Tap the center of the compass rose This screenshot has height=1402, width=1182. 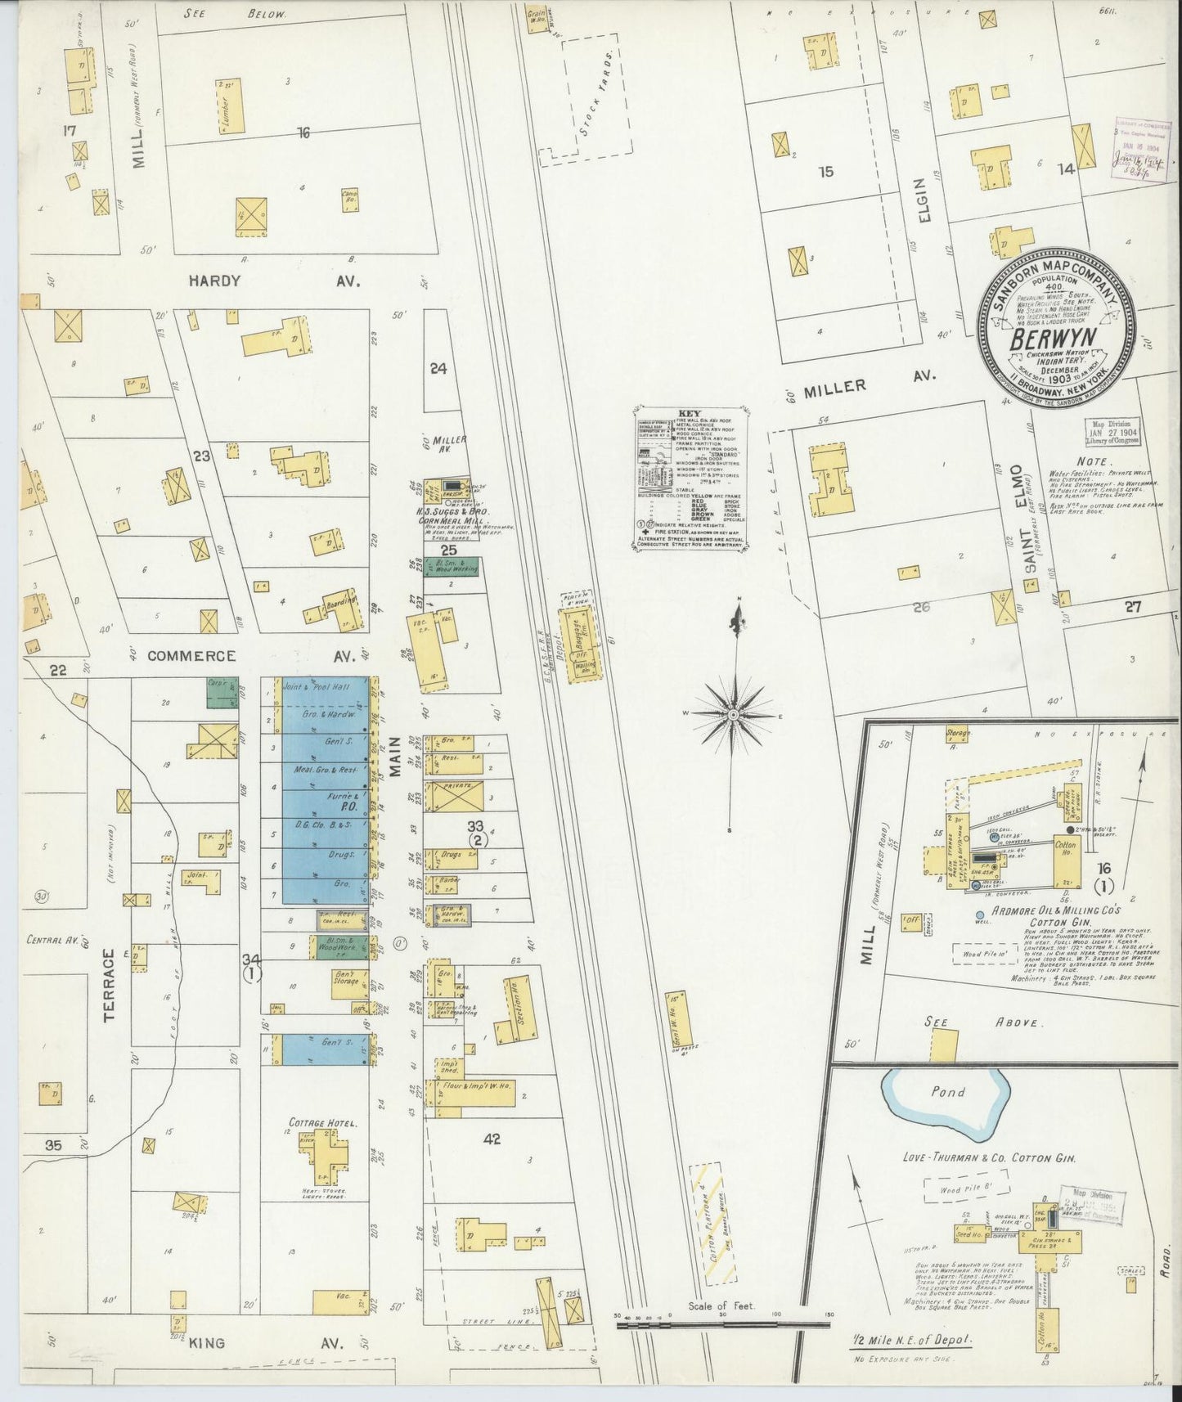pos(733,714)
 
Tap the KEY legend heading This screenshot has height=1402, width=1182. pos(691,414)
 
